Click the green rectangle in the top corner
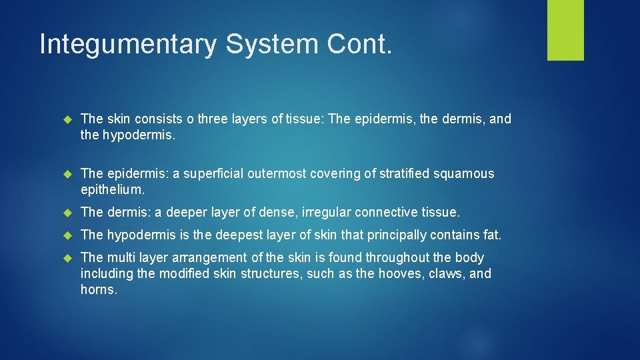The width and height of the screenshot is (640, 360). coord(565,29)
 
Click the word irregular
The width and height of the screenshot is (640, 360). coord(326,213)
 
